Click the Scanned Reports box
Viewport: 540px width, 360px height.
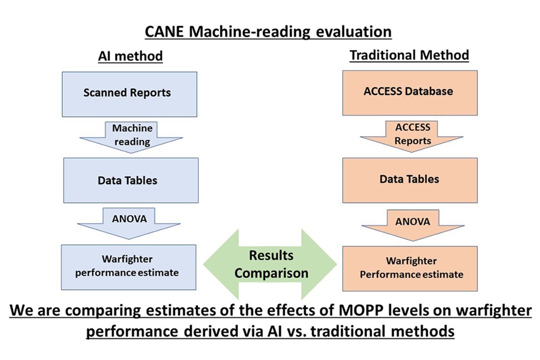(129, 94)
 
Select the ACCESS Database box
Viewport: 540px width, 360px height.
(410, 93)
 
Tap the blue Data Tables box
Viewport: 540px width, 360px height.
(131, 180)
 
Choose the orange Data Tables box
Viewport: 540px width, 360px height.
(410, 180)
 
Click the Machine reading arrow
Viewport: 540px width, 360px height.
(131, 137)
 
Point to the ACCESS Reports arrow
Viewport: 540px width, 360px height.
(412, 136)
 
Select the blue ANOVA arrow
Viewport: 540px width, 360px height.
(129, 223)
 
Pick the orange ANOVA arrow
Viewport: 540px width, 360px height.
(413, 225)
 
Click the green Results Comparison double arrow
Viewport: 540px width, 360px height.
(270, 264)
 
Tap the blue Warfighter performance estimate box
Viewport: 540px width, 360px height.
(128, 267)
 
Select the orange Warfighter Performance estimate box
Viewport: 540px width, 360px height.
(410, 268)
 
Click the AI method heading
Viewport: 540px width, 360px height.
(130, 56)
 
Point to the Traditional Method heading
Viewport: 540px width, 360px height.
(409, 55)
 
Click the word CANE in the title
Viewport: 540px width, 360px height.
(164, 31)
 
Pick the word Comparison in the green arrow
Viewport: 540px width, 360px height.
(271, 273)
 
